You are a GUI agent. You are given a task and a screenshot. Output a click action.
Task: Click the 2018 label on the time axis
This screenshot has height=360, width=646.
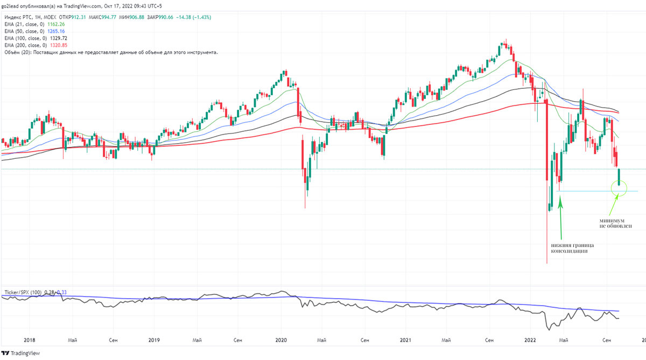click(30, 340)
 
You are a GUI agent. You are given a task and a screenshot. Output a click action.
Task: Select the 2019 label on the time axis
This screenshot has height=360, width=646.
click(154, 340)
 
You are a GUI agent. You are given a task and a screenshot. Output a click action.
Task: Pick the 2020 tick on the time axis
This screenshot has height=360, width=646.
click(280, 340)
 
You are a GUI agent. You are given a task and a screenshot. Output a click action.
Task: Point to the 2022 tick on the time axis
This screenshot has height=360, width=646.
click(530, 340)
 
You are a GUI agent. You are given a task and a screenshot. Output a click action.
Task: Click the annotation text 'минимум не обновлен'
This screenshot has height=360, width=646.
click(615, 223)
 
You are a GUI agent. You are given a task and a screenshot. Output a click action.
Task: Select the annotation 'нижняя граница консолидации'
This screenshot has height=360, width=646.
click(572, 248)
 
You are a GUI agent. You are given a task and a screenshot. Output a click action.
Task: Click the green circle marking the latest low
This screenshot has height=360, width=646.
click(620, 188)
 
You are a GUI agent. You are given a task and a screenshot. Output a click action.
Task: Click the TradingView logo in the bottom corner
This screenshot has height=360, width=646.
click(22, 353)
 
